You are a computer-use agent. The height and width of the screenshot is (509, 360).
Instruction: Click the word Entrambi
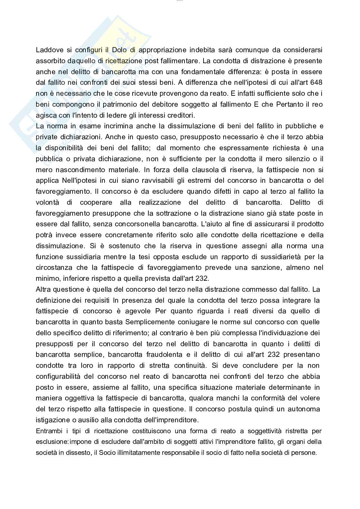point(47,431)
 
